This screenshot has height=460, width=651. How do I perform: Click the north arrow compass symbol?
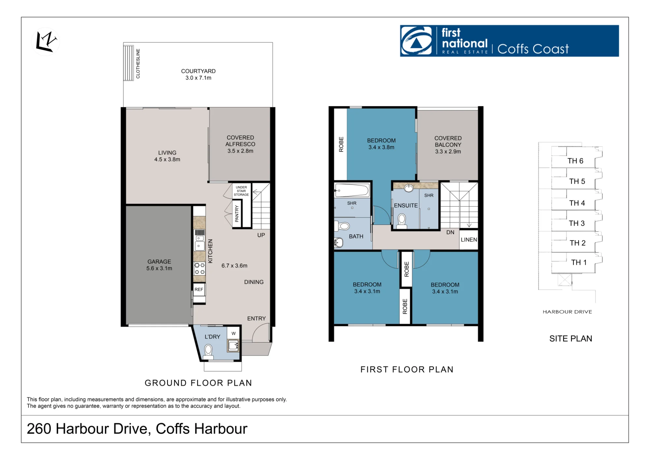46,42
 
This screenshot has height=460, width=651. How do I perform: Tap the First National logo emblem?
416,41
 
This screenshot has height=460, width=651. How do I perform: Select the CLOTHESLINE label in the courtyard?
138,63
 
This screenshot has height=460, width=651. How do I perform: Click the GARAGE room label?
159,262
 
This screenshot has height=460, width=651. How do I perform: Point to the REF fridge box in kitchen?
199,290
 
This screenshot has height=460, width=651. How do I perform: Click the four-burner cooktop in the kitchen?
200,268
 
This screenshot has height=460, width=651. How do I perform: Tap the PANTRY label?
237,214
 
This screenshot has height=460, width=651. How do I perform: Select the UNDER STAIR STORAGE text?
241,191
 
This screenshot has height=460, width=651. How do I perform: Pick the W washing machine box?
233,333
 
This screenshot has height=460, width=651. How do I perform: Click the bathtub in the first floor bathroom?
352,190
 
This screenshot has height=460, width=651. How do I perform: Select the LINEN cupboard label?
469,240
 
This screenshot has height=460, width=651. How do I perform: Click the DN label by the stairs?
450,232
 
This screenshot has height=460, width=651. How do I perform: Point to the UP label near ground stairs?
261,235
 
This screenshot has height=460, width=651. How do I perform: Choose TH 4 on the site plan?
577,203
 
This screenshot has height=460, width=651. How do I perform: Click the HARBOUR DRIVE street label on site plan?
567,312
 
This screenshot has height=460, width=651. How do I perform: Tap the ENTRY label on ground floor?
256,318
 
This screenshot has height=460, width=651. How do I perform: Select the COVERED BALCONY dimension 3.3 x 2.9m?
448,152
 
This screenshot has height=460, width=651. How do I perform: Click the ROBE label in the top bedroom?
341,144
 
